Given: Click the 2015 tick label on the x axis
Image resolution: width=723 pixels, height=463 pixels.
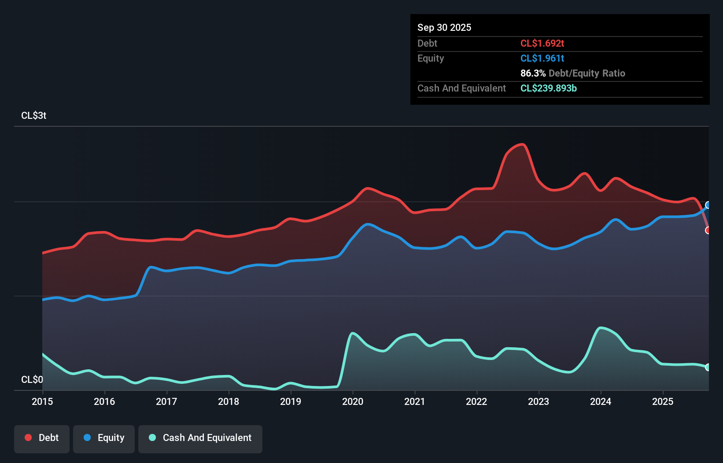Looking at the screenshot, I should [x=42, y=401].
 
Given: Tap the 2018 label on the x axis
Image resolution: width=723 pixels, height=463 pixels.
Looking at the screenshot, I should [x=229, y=401].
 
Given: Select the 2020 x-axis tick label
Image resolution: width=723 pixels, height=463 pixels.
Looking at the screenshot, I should [x=353, y=401].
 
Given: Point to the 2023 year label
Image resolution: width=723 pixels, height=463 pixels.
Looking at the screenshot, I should [x=539, y=401].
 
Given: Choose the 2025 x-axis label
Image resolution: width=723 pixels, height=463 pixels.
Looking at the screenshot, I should [x=663, y=401].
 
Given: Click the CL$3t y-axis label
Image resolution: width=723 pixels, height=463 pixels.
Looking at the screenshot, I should [x=33, y=115].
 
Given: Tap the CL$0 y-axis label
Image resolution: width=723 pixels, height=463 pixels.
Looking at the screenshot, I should [x=32, y=379].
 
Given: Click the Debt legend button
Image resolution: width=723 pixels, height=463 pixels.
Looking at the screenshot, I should [x=42, y=438].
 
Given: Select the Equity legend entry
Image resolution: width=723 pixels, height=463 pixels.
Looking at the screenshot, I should [x=104, y=438].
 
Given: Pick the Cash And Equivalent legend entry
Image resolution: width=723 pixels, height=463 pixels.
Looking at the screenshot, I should [x=200, y=438].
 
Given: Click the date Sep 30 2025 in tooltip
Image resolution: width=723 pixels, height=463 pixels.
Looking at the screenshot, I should [x=444, y=27].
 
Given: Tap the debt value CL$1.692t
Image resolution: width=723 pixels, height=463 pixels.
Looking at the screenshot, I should [x=542, y=43].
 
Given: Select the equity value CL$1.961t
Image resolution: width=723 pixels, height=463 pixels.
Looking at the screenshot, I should [x=542, y=58].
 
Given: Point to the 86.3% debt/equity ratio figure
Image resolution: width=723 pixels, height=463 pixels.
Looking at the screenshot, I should [x=533, y=73].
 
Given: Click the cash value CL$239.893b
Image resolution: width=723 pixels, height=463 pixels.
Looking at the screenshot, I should [x=548, y=88].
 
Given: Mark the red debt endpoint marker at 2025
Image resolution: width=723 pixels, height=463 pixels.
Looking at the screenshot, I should [x=708, y=230].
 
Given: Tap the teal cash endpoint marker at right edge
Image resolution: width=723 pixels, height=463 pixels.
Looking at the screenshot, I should [x=708, y=367].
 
